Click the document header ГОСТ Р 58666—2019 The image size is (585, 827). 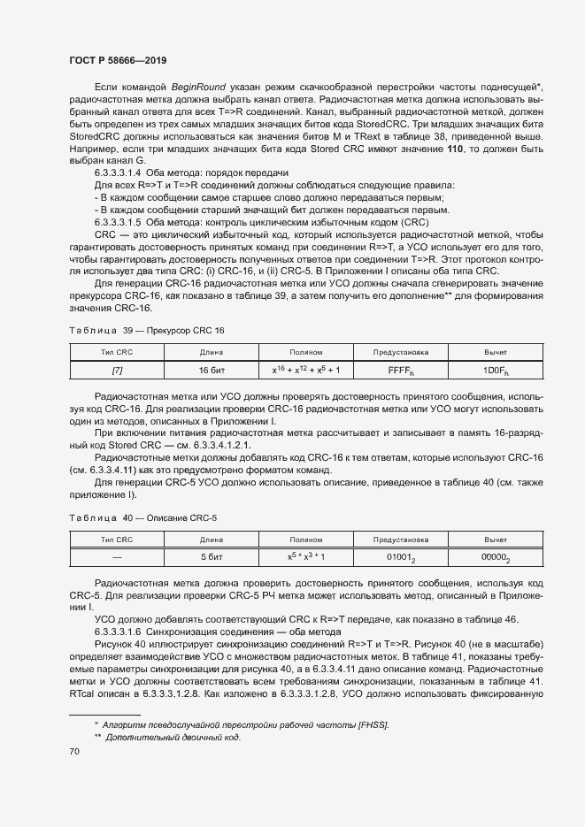pyautogui.click(x=117, y=59)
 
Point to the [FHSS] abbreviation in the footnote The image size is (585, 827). pyautogui.click(x=371, y=725)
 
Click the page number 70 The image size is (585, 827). pyautogui.click(x=74, y=751)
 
